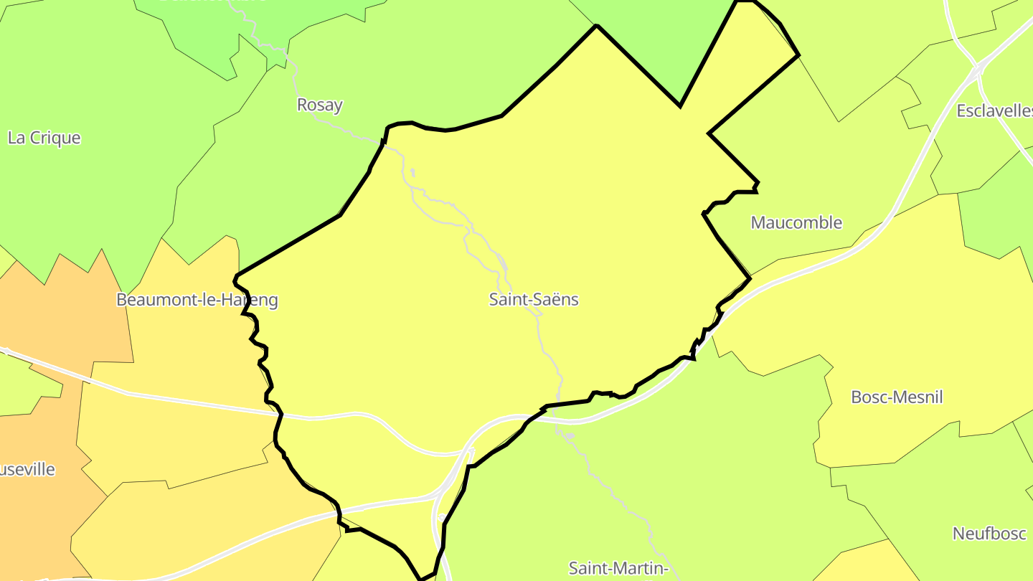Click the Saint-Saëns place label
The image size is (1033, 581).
534,299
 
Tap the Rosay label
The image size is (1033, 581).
319,105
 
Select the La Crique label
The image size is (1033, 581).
44,138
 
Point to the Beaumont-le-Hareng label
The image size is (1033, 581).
197,300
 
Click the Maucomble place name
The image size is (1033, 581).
796,222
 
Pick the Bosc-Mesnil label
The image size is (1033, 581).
897,397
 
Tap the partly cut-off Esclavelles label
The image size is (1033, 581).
994,110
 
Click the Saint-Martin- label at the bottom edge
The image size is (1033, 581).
618,568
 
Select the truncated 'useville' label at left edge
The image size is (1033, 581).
27,470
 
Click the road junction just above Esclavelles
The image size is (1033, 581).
977,70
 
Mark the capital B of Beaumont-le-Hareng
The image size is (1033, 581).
122,300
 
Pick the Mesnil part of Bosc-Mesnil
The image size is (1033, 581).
920,397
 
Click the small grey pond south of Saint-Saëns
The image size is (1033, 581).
570,435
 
